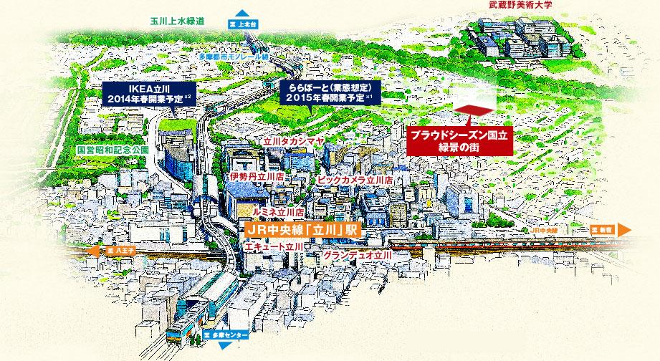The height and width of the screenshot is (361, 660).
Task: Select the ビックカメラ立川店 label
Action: point(355,180)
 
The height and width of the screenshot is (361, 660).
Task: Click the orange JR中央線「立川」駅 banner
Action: point(300,231)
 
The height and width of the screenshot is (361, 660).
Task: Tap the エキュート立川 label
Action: point(273,246)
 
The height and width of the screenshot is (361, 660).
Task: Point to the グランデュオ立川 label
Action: point(357,255)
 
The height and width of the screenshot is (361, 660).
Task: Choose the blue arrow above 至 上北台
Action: point(242,12)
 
